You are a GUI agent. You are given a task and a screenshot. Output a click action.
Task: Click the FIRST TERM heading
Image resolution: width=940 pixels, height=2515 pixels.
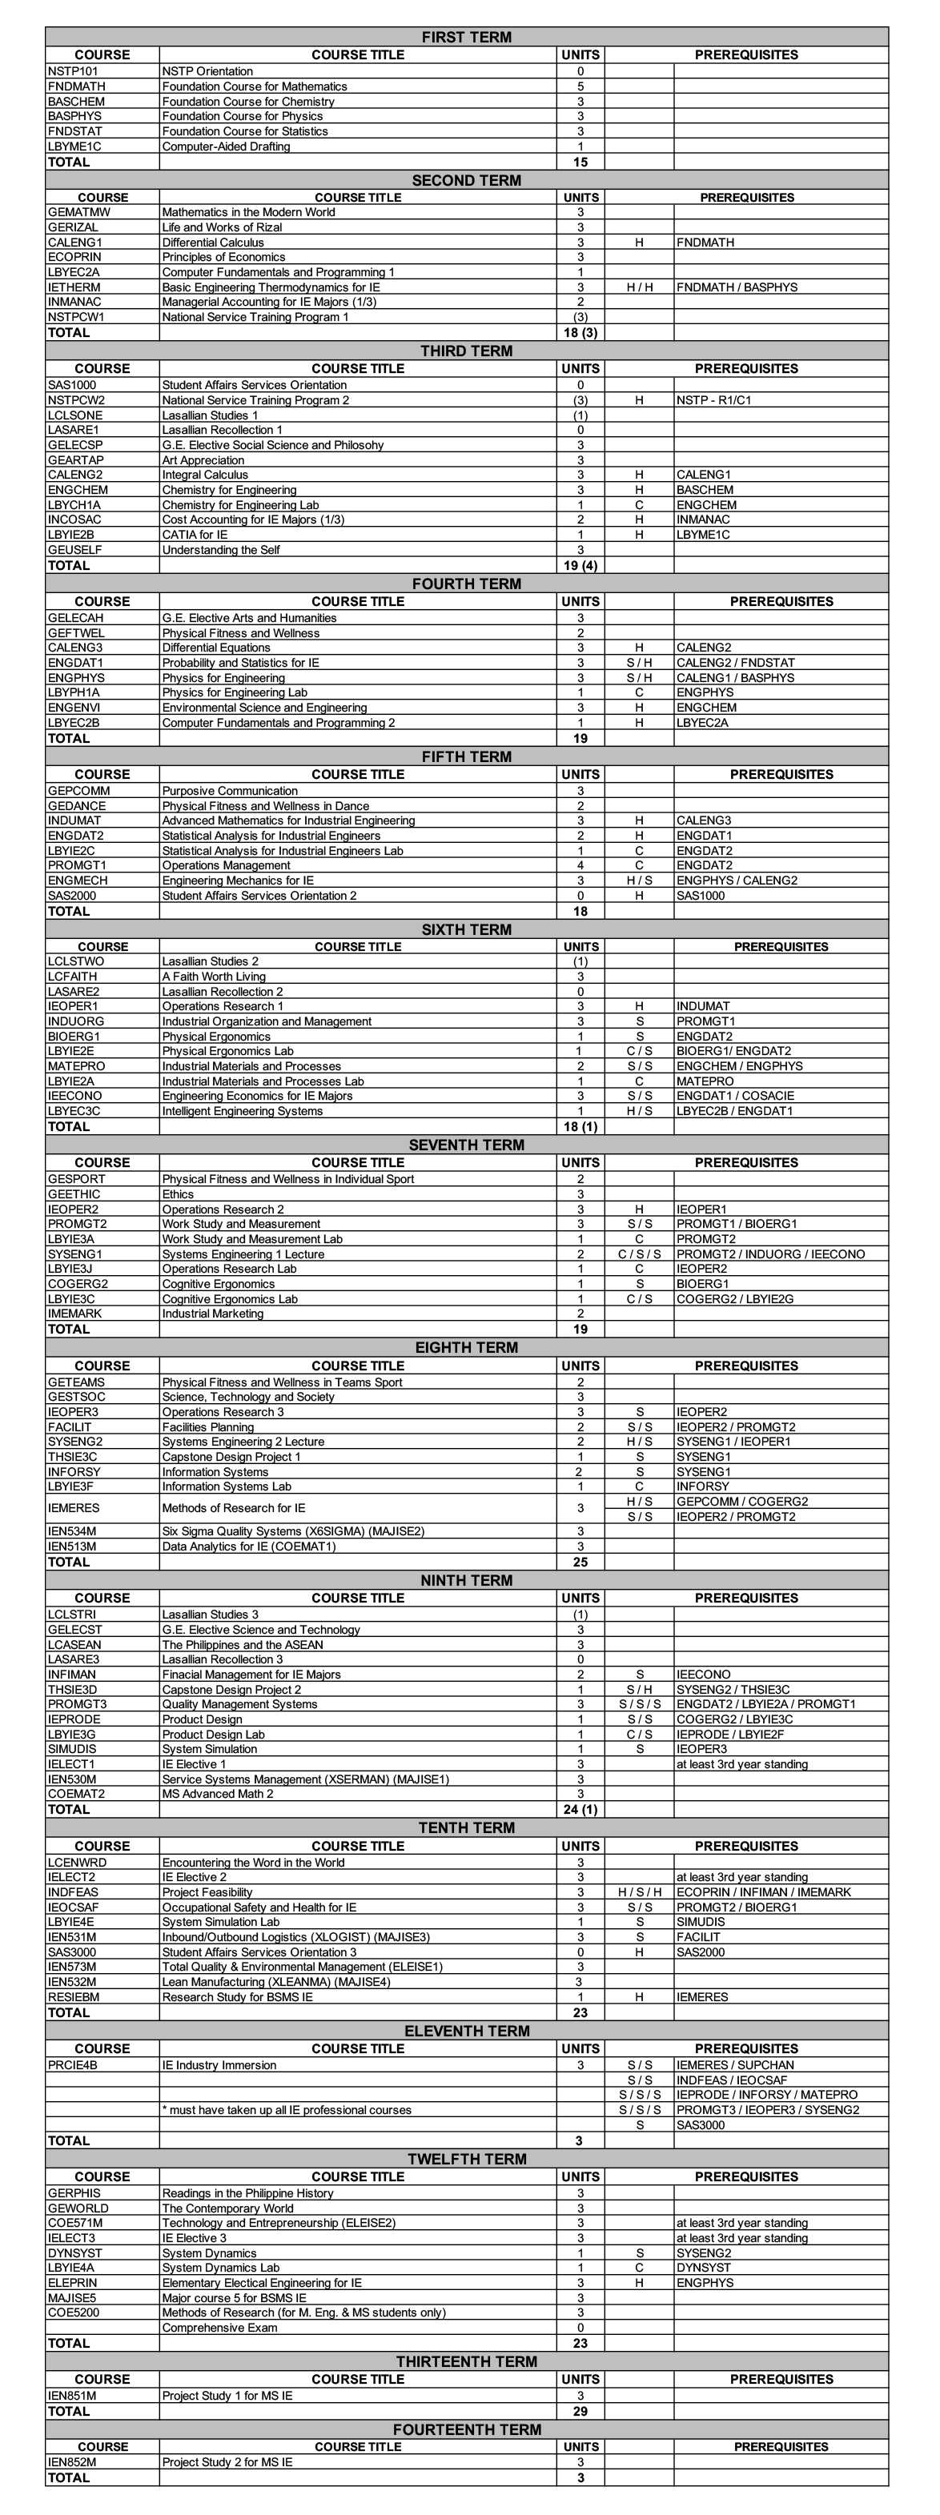pos(466,37)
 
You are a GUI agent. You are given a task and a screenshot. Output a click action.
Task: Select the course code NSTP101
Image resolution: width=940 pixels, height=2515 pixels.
pos(73,71)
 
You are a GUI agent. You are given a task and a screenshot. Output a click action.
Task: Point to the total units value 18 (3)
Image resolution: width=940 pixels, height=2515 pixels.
pos(580,333)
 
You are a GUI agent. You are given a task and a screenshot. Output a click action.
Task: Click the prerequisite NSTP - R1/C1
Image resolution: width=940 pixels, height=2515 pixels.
pos(713,400)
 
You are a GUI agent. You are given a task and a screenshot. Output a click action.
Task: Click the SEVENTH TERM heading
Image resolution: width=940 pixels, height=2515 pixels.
pos(466,1145)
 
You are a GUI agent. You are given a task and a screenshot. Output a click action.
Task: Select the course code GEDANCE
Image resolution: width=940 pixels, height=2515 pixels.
pos(77,806)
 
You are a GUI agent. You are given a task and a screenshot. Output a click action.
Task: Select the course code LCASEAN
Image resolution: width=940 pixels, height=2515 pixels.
pos(74,1645)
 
